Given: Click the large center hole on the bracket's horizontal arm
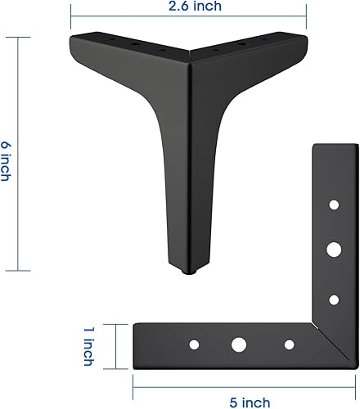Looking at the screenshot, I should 238,345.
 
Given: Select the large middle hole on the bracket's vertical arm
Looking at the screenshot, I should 334,247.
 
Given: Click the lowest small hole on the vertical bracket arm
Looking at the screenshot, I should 334,299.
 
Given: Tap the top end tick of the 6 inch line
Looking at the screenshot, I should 18,35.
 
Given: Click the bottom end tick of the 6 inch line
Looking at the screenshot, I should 18,271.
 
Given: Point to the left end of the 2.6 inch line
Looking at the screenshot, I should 70,14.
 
